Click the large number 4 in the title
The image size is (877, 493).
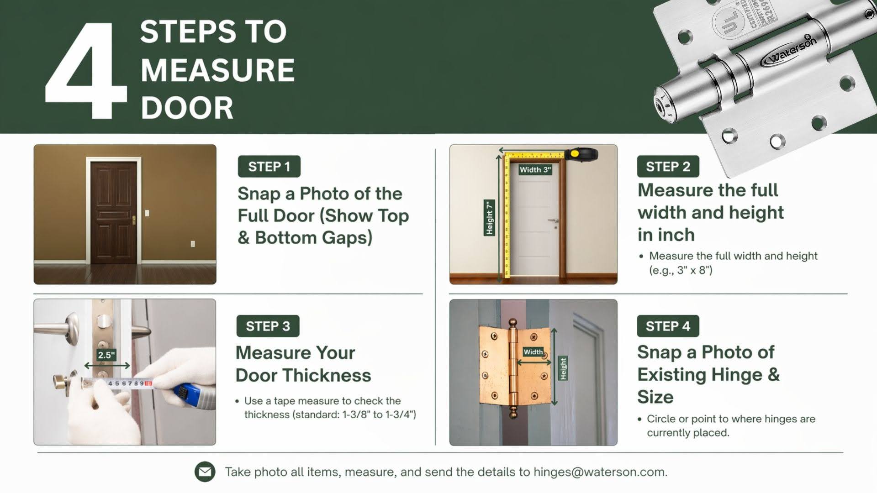pyautogui.click(x=87, y=73)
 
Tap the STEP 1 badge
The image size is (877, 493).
pyautogui.click(x=269, y=167)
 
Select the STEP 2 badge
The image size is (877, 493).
pyautogui.click(x=668, y=167)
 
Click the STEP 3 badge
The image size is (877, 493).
pyautogui.click(x=268, y=326)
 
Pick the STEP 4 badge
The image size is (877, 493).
pyautogui.click(x=668, y=326)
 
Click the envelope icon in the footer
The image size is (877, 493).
pyautogui.click(x=205, y=472)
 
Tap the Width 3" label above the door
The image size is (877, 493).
pyautogui.click(x=535, y=170)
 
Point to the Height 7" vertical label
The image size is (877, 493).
pyautogui.click(x=489, y=218)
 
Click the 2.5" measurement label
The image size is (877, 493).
pyautogui.click(x=106, y=355)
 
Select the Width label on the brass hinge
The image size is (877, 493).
pyautogui.click(x=533, y=351)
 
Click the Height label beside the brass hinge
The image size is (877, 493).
pyautogui.click(x=563, y=368)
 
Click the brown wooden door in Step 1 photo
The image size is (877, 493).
pyautogui.click(x=113, y=212)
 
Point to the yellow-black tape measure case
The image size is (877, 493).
pyautogui.click(x=581, y=154)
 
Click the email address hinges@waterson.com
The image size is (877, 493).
pyautogui.click(x=600, y=472)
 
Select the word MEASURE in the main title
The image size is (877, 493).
pyautogui.click(x=217, y=70)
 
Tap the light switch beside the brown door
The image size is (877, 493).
pyautogui.click(x=147, y=213)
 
